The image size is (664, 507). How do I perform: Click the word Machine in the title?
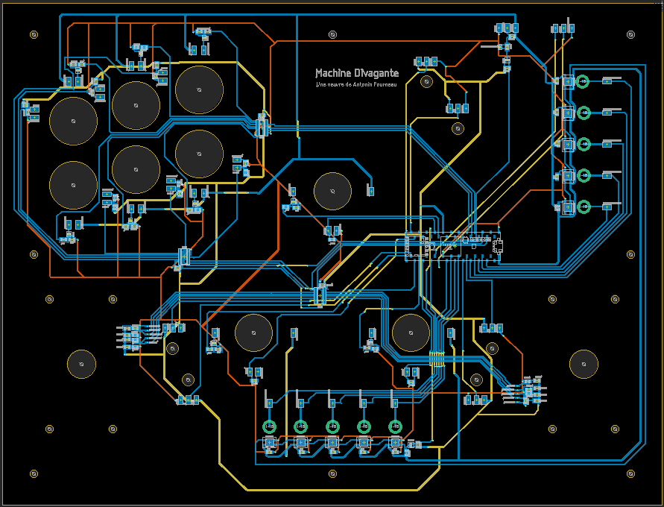point(332,73)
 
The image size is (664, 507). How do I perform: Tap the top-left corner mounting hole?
point(34,34)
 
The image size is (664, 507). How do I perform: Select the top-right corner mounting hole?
point(630,34)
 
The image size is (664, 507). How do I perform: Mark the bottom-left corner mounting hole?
point(34,473)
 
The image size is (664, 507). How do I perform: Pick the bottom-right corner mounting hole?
point(630,473)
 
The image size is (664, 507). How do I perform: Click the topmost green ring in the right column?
point(584,81)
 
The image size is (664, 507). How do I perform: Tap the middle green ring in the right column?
point(584,143)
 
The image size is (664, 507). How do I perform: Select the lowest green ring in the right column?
point(584,206)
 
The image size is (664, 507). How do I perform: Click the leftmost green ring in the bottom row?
point(270,426)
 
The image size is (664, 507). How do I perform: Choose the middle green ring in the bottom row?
point(332,426)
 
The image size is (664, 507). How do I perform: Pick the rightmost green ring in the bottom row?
point(395,426)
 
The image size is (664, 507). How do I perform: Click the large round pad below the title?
point(332,191)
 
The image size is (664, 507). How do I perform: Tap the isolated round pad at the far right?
point(584,364)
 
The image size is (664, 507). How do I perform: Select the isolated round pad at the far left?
point(81,364)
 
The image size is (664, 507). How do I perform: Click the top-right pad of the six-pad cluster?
point(199,89)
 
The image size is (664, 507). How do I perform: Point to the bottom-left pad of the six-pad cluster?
point(73,185)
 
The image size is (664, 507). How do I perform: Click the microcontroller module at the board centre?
point(453,245)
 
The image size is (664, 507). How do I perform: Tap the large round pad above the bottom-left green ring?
point(253,333)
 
